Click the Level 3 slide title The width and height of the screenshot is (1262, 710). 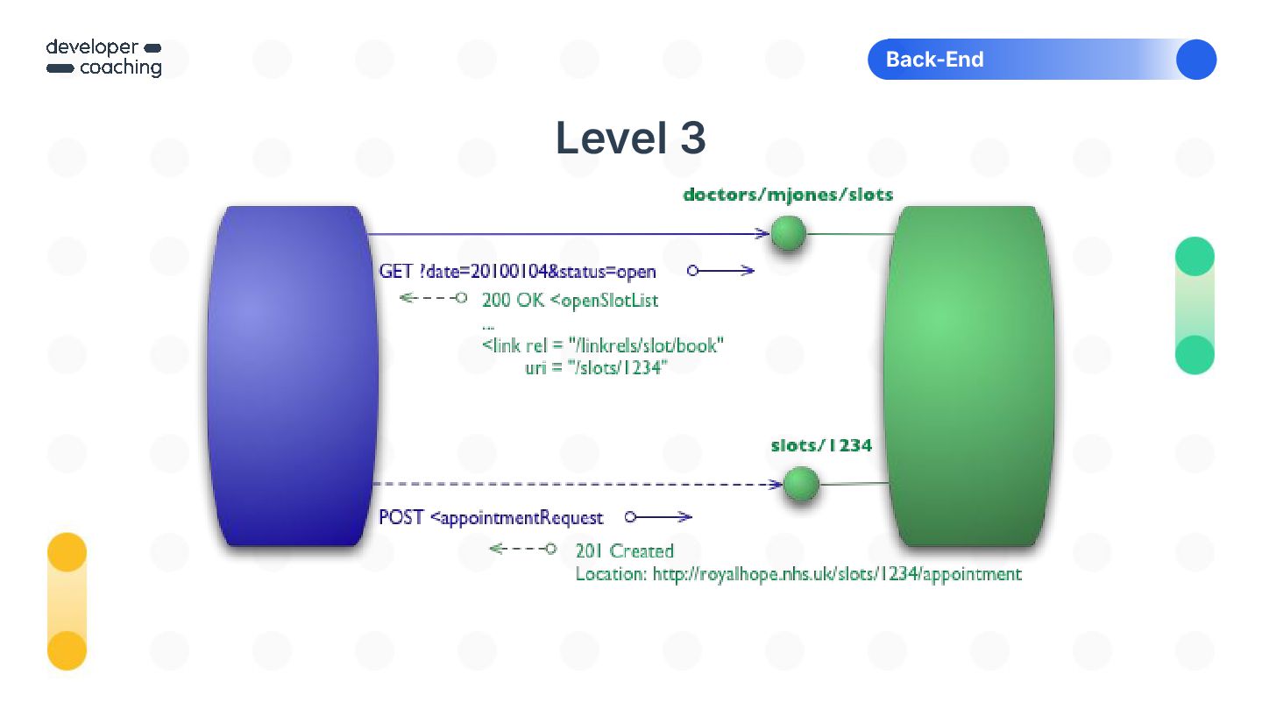(x=630, y=138)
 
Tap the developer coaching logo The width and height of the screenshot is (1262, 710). (x=104, y=58)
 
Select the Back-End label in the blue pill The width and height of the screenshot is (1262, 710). (x=934, y=60)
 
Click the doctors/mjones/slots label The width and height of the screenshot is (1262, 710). (x=788, y=195)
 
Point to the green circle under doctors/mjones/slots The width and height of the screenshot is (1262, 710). (x=788, y=234)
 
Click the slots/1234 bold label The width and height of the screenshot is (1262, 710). (x=821, y=445)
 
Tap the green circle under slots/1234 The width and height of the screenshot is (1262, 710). (x=800, y=484)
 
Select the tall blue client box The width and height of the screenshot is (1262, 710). (x=293, y=375)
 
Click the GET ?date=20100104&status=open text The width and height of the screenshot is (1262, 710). (x=517, y=272)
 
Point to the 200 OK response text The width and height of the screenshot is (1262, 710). (x=570, y=301)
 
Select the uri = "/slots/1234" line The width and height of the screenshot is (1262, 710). (x=596, y=368)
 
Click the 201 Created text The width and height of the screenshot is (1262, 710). (x=624, y=551)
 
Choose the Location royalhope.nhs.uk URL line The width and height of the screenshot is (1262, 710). (x=798, y=575)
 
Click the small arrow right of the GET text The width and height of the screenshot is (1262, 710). (x=720, y=271)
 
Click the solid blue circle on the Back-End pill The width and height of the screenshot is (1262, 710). (x=1195, y=60)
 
